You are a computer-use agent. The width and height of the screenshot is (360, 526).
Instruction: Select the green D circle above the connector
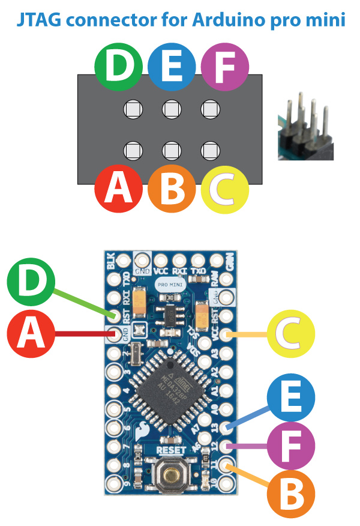click(x=118, y=67)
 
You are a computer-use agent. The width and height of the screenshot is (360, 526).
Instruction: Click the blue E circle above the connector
click(x=171, y=67)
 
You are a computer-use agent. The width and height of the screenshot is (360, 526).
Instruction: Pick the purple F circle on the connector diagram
click(x=224, y=67)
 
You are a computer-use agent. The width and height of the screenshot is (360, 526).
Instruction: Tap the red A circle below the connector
click(x=118, y=189)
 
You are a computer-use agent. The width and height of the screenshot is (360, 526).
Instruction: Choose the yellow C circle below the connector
click(x=224, y=189)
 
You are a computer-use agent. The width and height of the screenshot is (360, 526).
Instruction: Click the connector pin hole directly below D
click(x=133, y=109)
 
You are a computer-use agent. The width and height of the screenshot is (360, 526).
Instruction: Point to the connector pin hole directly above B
click(x=171, y=149)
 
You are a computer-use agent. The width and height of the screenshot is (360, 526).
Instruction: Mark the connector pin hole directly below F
click(x=209, y=109)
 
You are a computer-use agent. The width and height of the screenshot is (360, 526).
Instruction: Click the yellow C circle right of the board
click(x=291, y=335)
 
